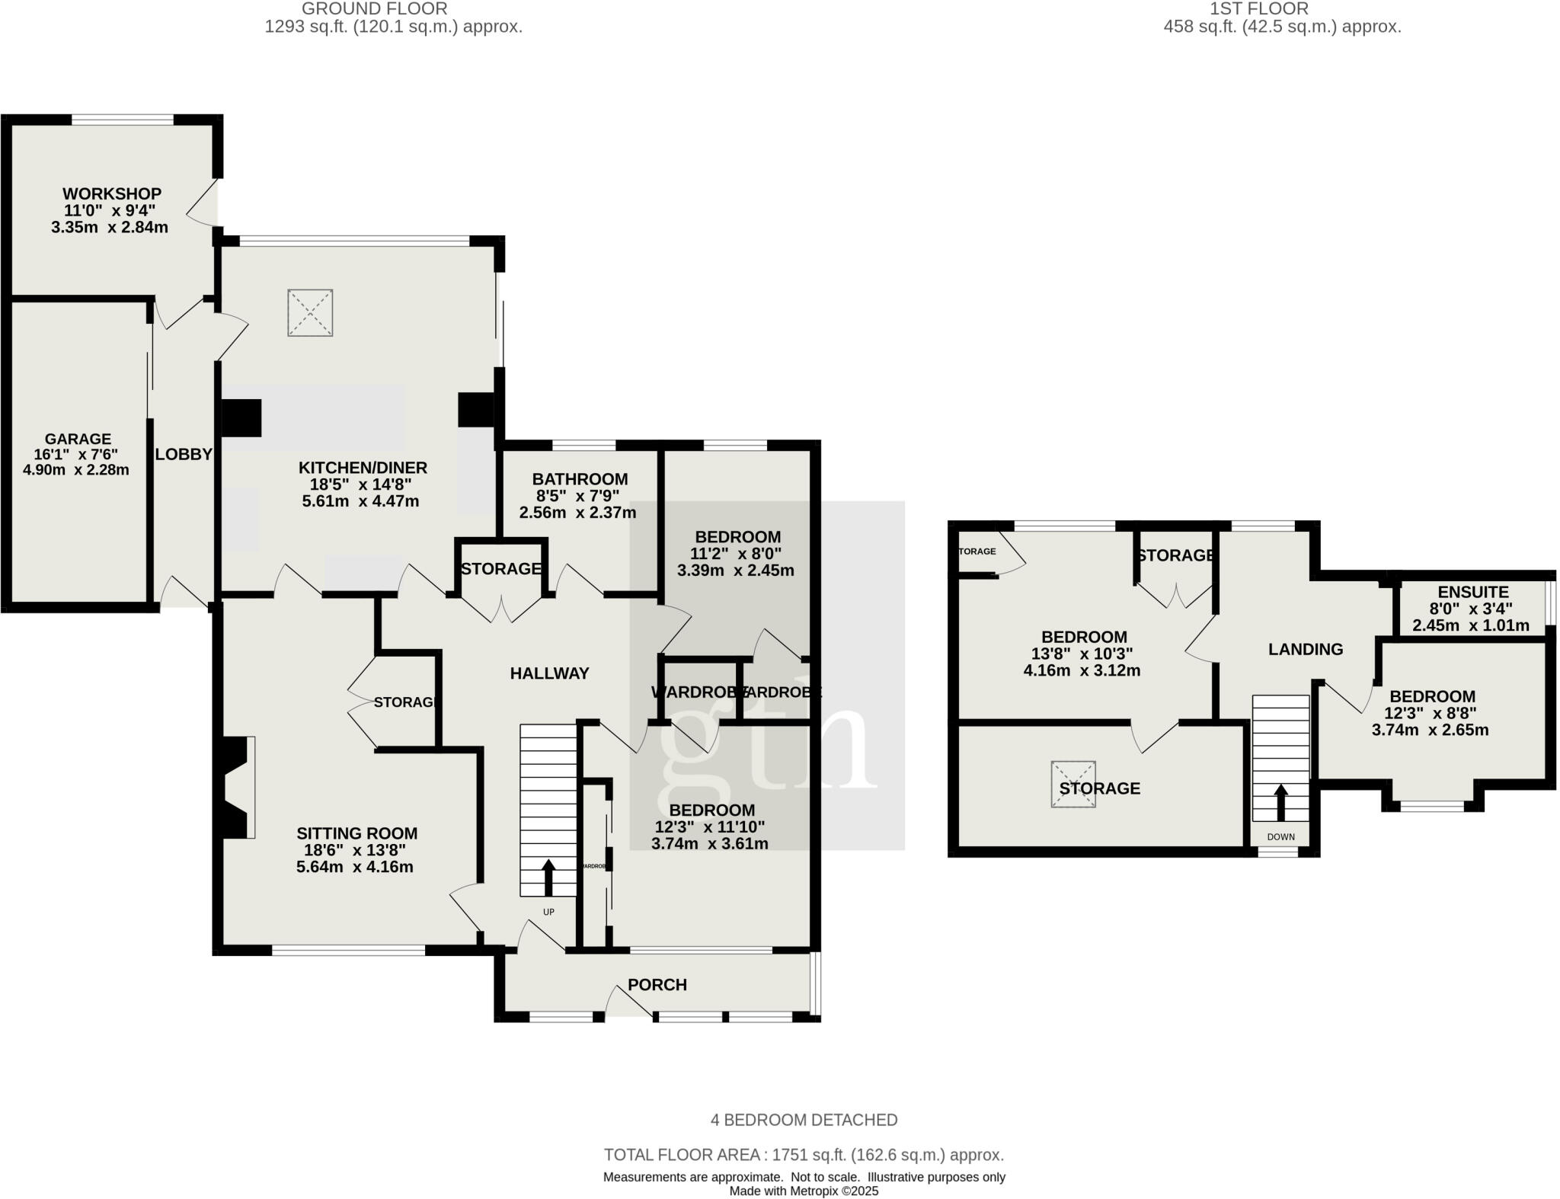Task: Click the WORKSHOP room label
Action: point(112,194)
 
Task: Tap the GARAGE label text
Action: point(78,440)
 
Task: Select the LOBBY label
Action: point(184,455)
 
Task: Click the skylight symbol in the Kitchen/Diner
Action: point(310,312)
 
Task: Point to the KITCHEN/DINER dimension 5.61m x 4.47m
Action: point(363,501)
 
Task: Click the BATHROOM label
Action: point(580,479)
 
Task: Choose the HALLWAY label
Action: point(549,673)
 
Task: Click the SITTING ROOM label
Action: point(357,834)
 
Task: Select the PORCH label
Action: point(657,985)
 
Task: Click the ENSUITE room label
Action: point(1473,592)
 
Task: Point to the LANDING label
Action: point(1306,650)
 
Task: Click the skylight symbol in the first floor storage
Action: point(1073,784)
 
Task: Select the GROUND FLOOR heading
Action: point(374,9)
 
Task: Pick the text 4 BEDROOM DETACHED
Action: point(804,1120)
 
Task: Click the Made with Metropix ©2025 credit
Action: point(804,1191)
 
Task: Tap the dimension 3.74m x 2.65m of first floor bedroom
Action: point(1430,730)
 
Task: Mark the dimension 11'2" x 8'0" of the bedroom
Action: point(735,554)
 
